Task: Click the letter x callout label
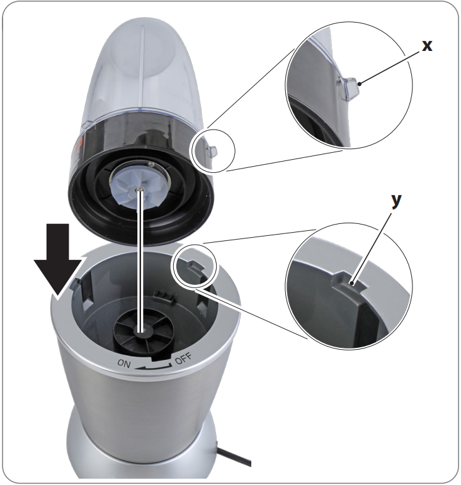tap(428, 46)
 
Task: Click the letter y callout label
tap(396, 201)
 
